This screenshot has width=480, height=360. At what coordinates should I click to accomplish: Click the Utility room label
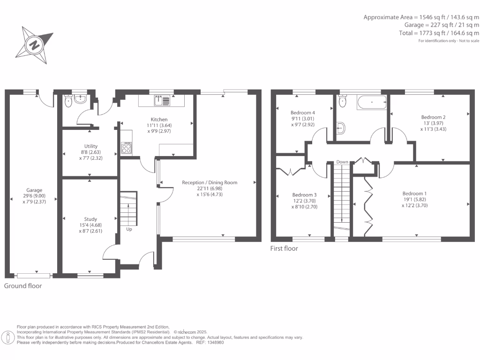(x=91, y=146)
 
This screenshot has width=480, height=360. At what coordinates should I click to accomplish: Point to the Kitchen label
(x=159, y=120)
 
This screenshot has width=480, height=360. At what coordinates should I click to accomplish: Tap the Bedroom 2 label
(x=433, y=117)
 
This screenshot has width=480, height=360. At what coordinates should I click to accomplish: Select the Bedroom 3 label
(x=304, y=195)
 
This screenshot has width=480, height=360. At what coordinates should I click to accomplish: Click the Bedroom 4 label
(x=302, y=112)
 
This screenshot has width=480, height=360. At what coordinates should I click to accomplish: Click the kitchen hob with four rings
(x=127, y=148)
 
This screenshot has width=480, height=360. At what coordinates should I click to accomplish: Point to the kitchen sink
(x=163, y=100)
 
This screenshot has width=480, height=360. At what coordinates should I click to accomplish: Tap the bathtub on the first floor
(x=371, y=102)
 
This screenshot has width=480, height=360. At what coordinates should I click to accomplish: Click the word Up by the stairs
(x=129, y=230)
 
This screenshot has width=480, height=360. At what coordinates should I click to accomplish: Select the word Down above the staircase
(x=342, y=162)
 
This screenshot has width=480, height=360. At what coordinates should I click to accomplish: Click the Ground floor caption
(x=23, y=285)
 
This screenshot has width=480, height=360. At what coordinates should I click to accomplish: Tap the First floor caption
(x=284, y=248)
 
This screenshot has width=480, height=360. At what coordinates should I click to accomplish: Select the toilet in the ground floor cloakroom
(x=69, y=101)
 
